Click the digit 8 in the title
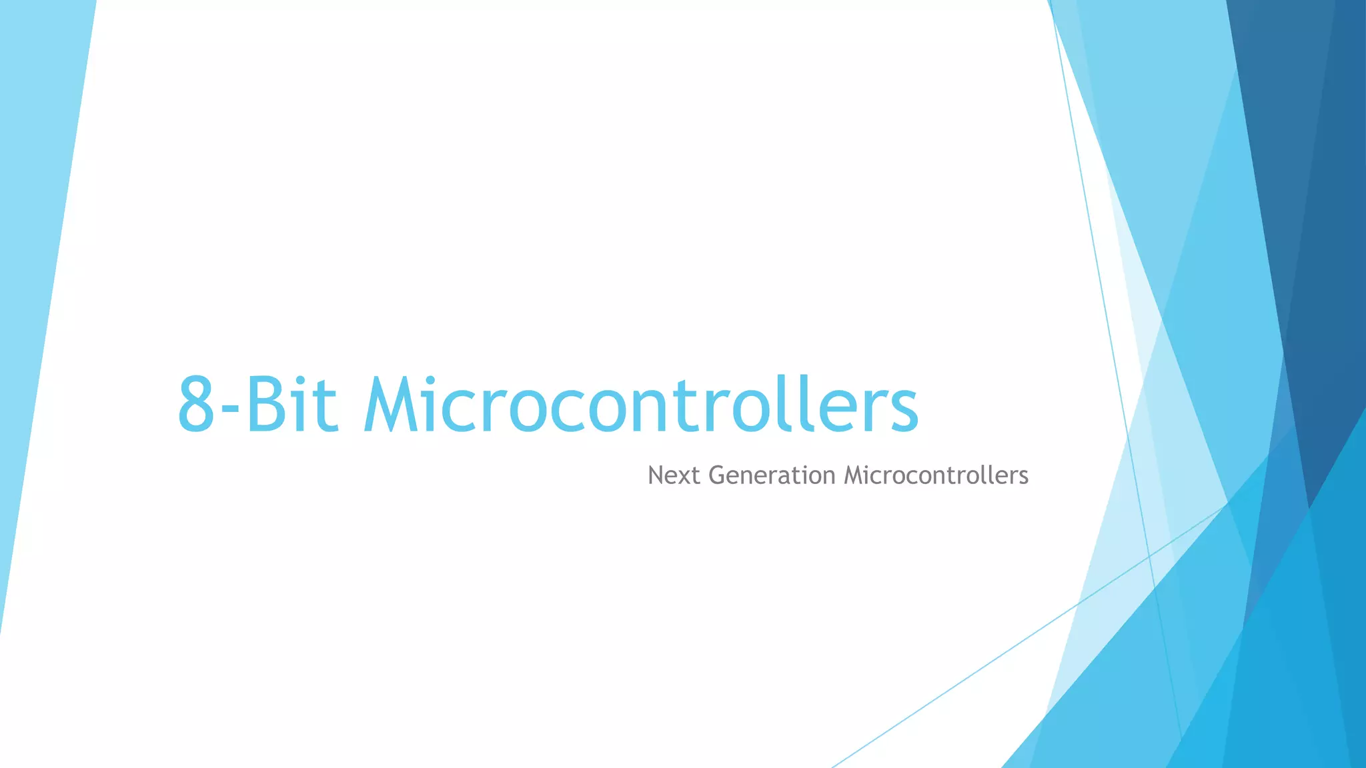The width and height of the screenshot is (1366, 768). [197, 405]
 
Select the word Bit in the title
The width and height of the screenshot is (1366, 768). [291, 405]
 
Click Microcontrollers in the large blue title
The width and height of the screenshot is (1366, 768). [641, 405]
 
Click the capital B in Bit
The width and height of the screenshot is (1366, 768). [265, 405]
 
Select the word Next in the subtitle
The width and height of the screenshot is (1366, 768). [674, 475]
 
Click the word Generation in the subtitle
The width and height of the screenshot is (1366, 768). [772, 475]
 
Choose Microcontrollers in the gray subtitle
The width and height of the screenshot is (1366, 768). [936, 475]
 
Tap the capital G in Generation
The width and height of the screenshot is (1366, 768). [717, 475]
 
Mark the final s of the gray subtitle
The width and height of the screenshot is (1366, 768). [1023, 478]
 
